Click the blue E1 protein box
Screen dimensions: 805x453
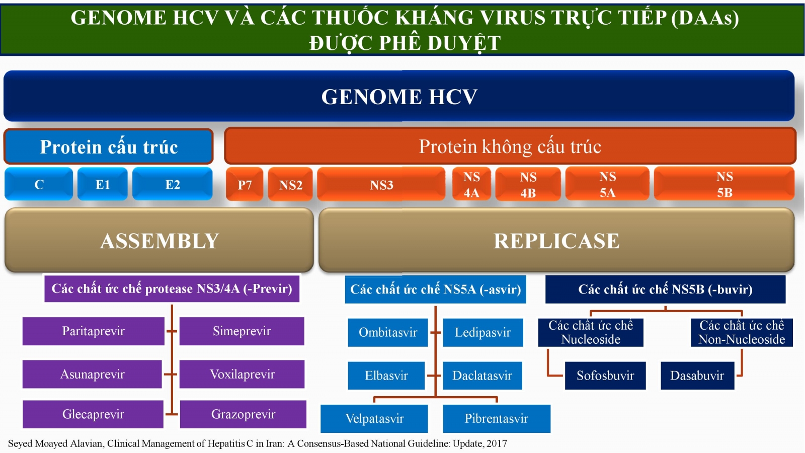(x=103, y=184)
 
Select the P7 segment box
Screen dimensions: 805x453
(x=245, y=184)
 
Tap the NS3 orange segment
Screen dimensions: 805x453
(x=381, y=184)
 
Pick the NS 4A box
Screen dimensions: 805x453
(x=471, y=184)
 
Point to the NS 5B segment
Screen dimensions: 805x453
(x=724, y=184)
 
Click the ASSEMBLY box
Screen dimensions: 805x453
(x=159, y=240)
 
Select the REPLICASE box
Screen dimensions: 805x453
(x=556, y=240)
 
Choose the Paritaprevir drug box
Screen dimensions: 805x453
(x=94, y=331)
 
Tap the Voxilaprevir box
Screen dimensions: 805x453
(x=242, y=374)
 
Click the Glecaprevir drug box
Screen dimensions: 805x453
(x=93, y=414)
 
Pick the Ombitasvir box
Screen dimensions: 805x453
(x=388, y=333)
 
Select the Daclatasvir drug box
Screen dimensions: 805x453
(x=482, y=375)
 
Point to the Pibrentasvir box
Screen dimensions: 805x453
(x=497, y=418)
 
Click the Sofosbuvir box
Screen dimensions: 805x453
(x=605, y=375)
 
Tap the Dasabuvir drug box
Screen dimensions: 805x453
(x=697, y=375)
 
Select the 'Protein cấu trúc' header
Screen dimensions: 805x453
(x=109, y=146)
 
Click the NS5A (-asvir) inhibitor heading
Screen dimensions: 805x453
(x=436, y=289)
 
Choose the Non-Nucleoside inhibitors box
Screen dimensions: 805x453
(x=742, y=333)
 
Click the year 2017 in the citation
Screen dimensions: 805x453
(x=497, y=443)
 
